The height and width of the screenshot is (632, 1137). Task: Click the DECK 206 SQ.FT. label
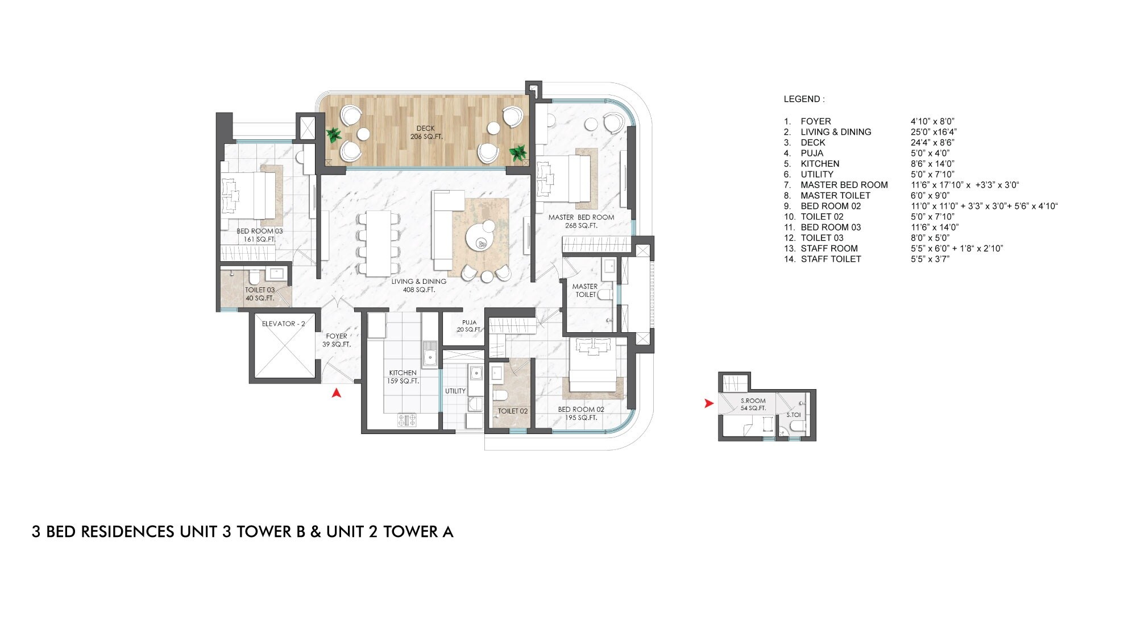coord(426,133)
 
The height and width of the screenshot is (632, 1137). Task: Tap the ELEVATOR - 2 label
coord(283,324)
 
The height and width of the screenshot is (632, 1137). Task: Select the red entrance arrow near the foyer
coord(337,392)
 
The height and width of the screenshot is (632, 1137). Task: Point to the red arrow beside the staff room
coord(708,403)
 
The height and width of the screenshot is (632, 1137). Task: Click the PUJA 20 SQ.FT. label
coord(469,326)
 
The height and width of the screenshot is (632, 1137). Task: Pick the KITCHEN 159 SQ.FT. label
coord(402,377)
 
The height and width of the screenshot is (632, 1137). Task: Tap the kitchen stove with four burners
coord(406,420)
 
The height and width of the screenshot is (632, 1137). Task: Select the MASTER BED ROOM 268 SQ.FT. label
coord(581,221)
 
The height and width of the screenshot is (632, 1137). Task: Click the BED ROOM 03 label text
coord(259,232)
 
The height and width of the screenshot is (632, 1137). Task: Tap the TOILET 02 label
coord(513,411)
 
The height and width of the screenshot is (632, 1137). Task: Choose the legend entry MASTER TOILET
coord(835,195)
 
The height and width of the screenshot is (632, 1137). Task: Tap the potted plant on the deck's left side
coord(334,135)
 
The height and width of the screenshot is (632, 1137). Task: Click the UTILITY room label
coord(455,391)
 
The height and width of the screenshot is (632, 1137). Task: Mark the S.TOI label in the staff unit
coord(793,415)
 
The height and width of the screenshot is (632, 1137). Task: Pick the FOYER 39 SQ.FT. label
coord(337,340)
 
